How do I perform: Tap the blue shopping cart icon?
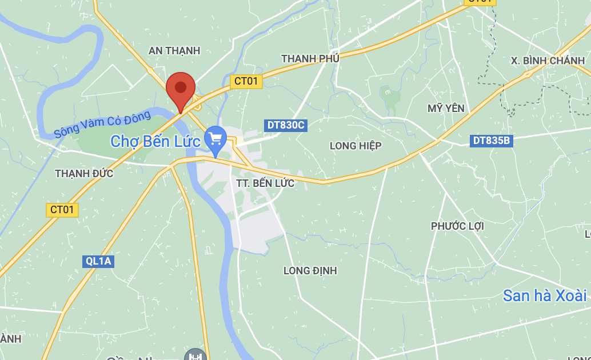pyautogui.click(x=215, y=139)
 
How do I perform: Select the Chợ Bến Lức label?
pyautogui.click(x=155, y=141)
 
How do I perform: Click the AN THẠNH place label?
pyautogui.click(x=174, y=51)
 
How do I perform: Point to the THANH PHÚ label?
pyautogui.click(x=310, y=59)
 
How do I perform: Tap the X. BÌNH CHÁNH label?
pyautogui.click(x=548, y=61)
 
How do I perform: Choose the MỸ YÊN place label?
pyautogui.click(x=446, y=108)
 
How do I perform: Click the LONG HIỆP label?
pyautogui.click(x=356, y=146)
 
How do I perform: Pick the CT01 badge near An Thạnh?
pyautogui.click(x=246, y=81)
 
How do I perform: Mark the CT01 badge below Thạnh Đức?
pyautogui.click(x=62, y=210)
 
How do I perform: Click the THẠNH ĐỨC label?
pyautogui.click(x=84, y=173)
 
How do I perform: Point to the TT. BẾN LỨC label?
pyautogui.click(x=265, y=183)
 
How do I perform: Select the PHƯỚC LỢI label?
pyautogui.click(x=457, y=226)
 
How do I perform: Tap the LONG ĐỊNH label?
pyautogui.click(x=310, y=270)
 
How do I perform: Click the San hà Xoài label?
pyautogui.click(x=545, y=295)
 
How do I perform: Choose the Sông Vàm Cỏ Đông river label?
pyautogui.click(x=103, y=124)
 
